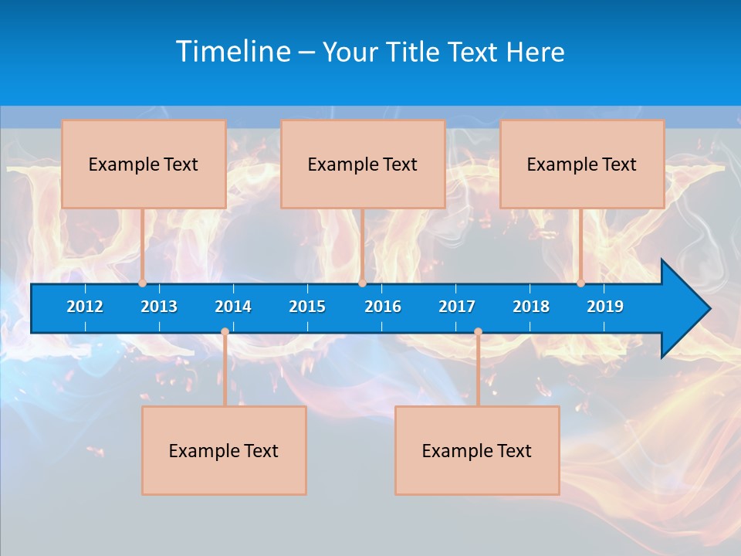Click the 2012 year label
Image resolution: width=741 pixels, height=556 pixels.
[85, 307]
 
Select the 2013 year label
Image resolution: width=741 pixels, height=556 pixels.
[159, 307]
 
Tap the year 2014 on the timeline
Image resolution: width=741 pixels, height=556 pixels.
[233, 307]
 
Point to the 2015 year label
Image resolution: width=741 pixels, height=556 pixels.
[307, 307]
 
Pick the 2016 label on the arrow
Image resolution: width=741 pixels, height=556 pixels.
[383, 307]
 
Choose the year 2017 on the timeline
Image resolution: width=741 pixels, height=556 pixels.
[457, 307]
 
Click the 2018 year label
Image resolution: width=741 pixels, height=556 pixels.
[531, 307]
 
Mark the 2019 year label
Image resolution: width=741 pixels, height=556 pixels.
[605, 307]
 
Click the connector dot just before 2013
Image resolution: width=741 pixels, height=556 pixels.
[143, 283]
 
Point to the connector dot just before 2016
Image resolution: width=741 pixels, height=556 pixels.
[362, 283]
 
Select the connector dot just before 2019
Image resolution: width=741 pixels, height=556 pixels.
[581, 283]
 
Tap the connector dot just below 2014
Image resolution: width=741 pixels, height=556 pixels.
[225, 332]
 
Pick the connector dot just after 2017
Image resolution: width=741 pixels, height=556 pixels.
[478, 332]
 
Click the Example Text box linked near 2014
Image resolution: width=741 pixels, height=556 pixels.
[224, 450]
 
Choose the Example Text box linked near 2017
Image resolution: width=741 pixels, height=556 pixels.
[477, 450]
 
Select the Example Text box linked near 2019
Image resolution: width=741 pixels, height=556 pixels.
[582, 164]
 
